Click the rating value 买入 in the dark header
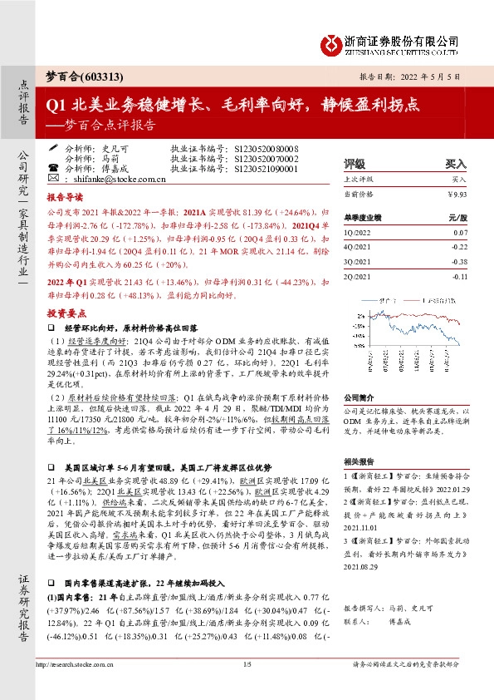coord(456,165)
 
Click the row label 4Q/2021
coord(358,247)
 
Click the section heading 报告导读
coord(64,200)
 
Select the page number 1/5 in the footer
coord(247,688)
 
